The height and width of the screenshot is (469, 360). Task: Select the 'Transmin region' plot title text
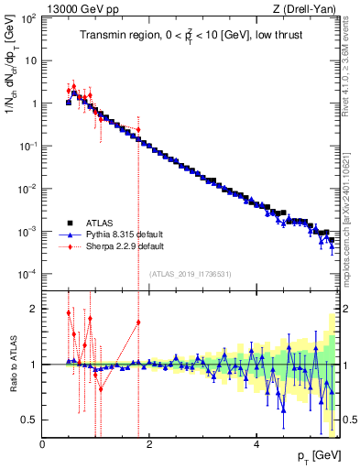pyautogui.click(x=190, y=38)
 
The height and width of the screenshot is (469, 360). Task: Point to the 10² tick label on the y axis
pyautogui.click(x=29, y=17)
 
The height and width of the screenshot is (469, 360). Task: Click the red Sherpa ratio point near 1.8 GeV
pyautogui.click(x=138, y=322)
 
